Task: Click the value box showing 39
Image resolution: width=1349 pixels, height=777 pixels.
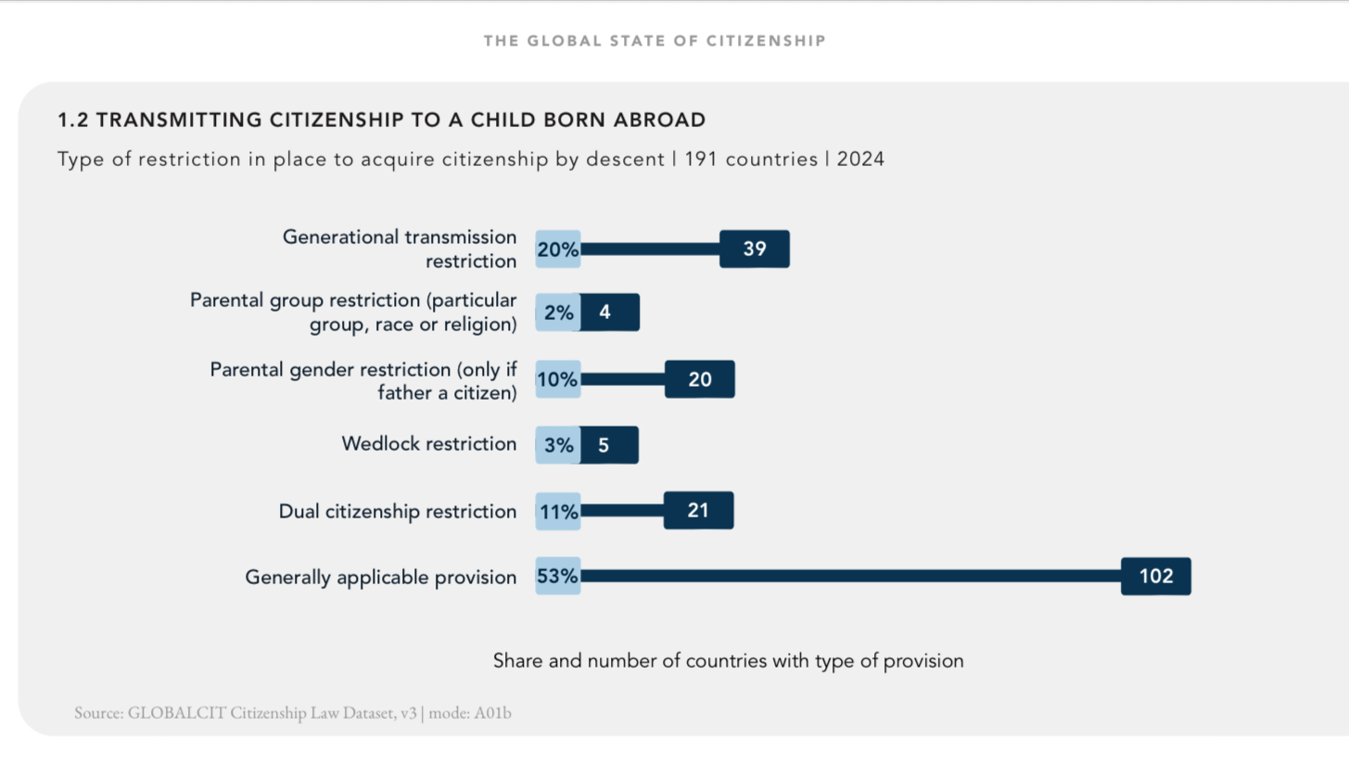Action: pos(755,249)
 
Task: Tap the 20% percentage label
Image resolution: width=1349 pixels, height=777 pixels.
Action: pos(558,249)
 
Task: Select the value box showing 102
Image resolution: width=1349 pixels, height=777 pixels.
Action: pos(1155,577)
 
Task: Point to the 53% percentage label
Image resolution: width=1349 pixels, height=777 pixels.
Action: pos(558,577)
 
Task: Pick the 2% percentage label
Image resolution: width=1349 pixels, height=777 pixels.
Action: pos(558,313)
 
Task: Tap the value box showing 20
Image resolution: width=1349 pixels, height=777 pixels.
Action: pos(700,379)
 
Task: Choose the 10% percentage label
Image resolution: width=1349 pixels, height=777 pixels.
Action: pos(558,379)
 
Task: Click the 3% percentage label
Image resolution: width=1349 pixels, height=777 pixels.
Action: pos(558,446)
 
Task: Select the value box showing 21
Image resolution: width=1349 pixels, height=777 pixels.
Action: pos(698,511)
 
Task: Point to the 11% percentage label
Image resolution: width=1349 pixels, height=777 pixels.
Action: pos(558,512)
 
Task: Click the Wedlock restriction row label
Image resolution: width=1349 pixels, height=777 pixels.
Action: pos(428,444)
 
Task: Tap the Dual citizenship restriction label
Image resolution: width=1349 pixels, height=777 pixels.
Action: pos(398,512)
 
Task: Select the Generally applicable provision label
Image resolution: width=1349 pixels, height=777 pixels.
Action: pos(380,578)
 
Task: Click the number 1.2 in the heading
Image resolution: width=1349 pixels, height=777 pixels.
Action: pos(73,120)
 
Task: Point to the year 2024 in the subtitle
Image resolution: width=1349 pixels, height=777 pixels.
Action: pos(860,159)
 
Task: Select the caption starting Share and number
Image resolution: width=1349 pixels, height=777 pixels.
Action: pos(728,661)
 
